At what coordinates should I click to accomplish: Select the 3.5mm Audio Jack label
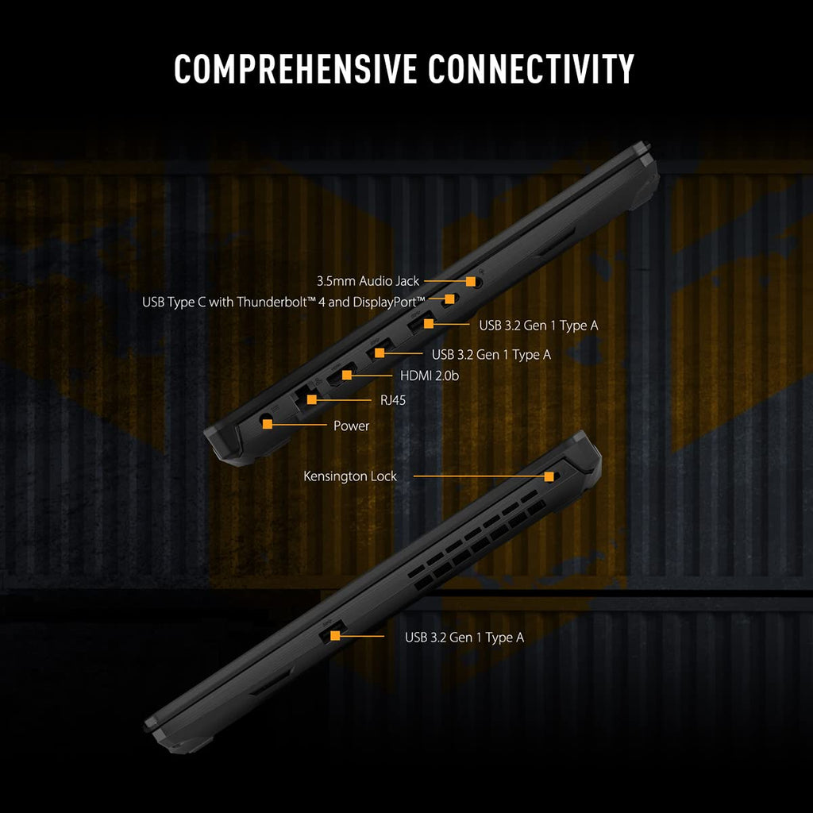(368, 281)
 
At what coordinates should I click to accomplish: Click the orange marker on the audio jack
(471, 281)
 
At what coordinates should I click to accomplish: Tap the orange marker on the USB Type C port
(449, 299)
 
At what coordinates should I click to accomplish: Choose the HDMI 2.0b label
(430, 376)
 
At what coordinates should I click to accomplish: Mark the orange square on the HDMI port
(347, 374)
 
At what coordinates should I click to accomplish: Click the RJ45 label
(392, 401)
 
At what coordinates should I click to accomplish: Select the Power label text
(351, 426)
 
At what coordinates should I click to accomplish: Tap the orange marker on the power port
(268, 425)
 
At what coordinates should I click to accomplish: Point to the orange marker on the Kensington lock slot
(549, 476)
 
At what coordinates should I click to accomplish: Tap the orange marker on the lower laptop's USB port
(335, 635)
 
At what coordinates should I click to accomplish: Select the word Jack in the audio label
(406, 281)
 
